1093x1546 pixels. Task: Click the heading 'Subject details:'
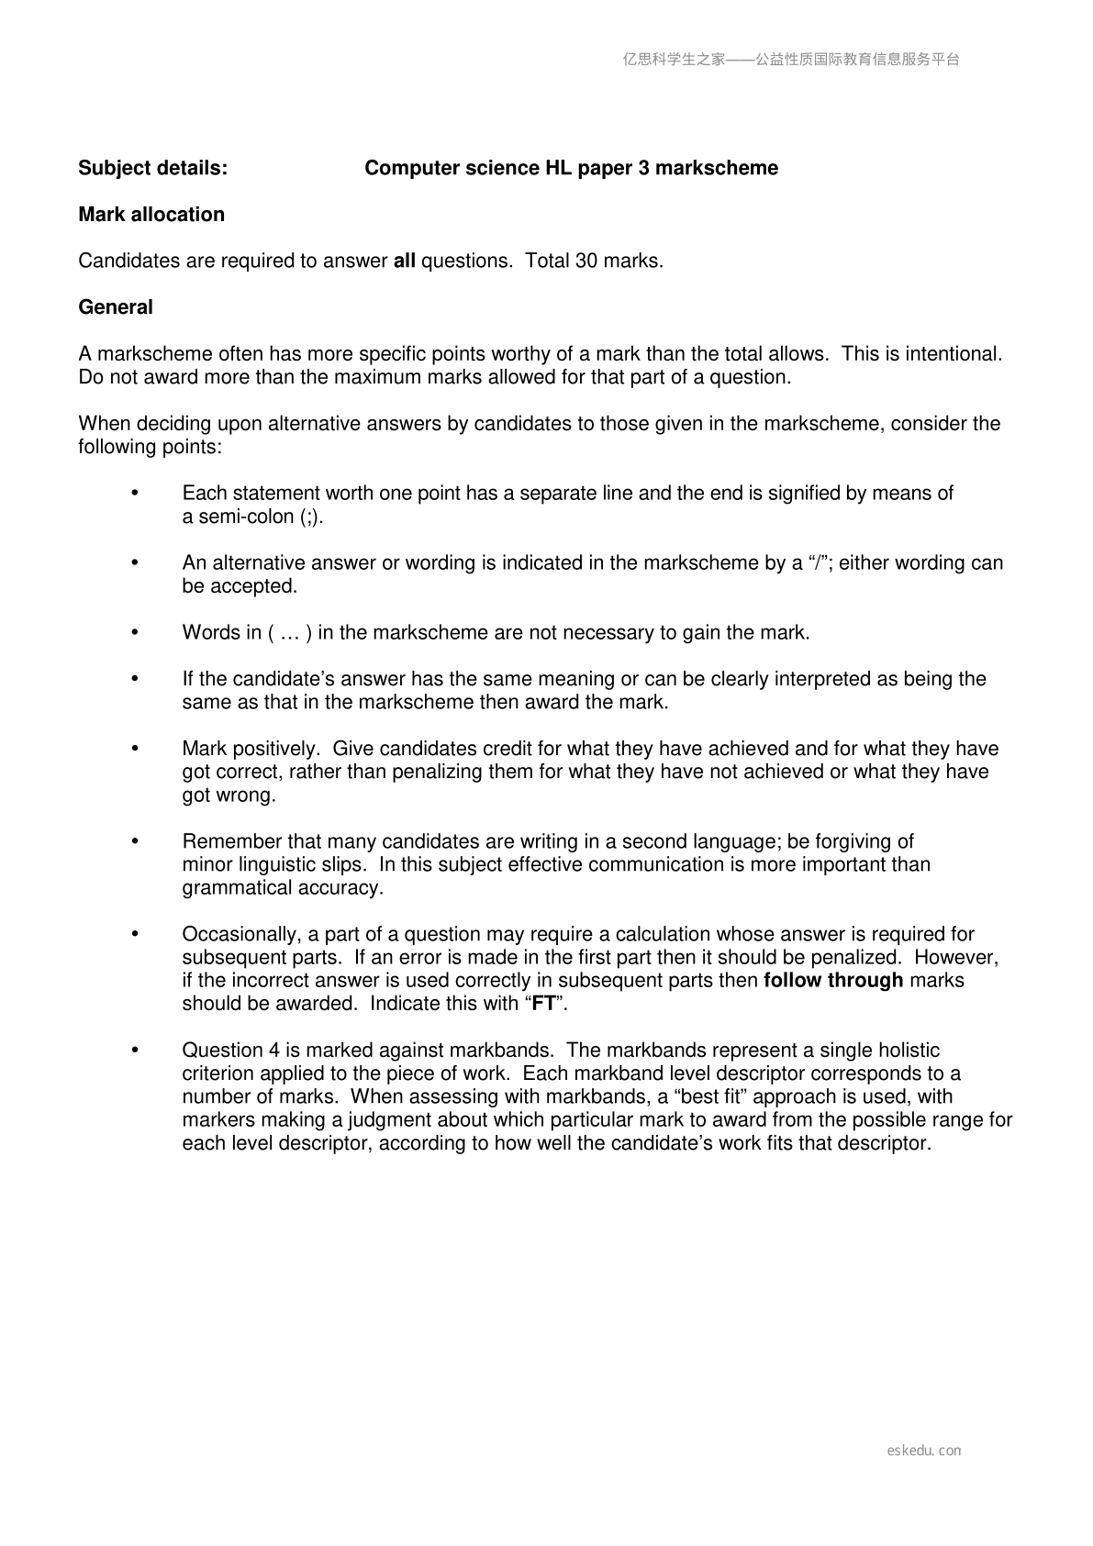pos(152,168)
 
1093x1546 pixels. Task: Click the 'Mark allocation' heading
pos(151,215)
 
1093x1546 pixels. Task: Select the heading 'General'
pos(116,307)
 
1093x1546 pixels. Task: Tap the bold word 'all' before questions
pos(404,261)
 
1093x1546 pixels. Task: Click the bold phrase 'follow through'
pos(833,980)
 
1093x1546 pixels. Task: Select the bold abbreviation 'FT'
pos(544,1004)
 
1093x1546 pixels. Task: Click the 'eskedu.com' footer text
pos(923,1451)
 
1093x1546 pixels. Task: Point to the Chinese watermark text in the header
pos(791,60)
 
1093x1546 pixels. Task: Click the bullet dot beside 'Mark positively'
pos(135,749)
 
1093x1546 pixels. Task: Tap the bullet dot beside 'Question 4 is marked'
pos(135,1050)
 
